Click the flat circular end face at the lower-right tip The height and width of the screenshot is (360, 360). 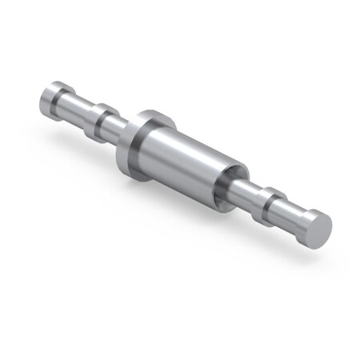click(x=319, y=230)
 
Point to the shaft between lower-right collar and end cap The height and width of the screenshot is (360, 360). click(x=288, y=209)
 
